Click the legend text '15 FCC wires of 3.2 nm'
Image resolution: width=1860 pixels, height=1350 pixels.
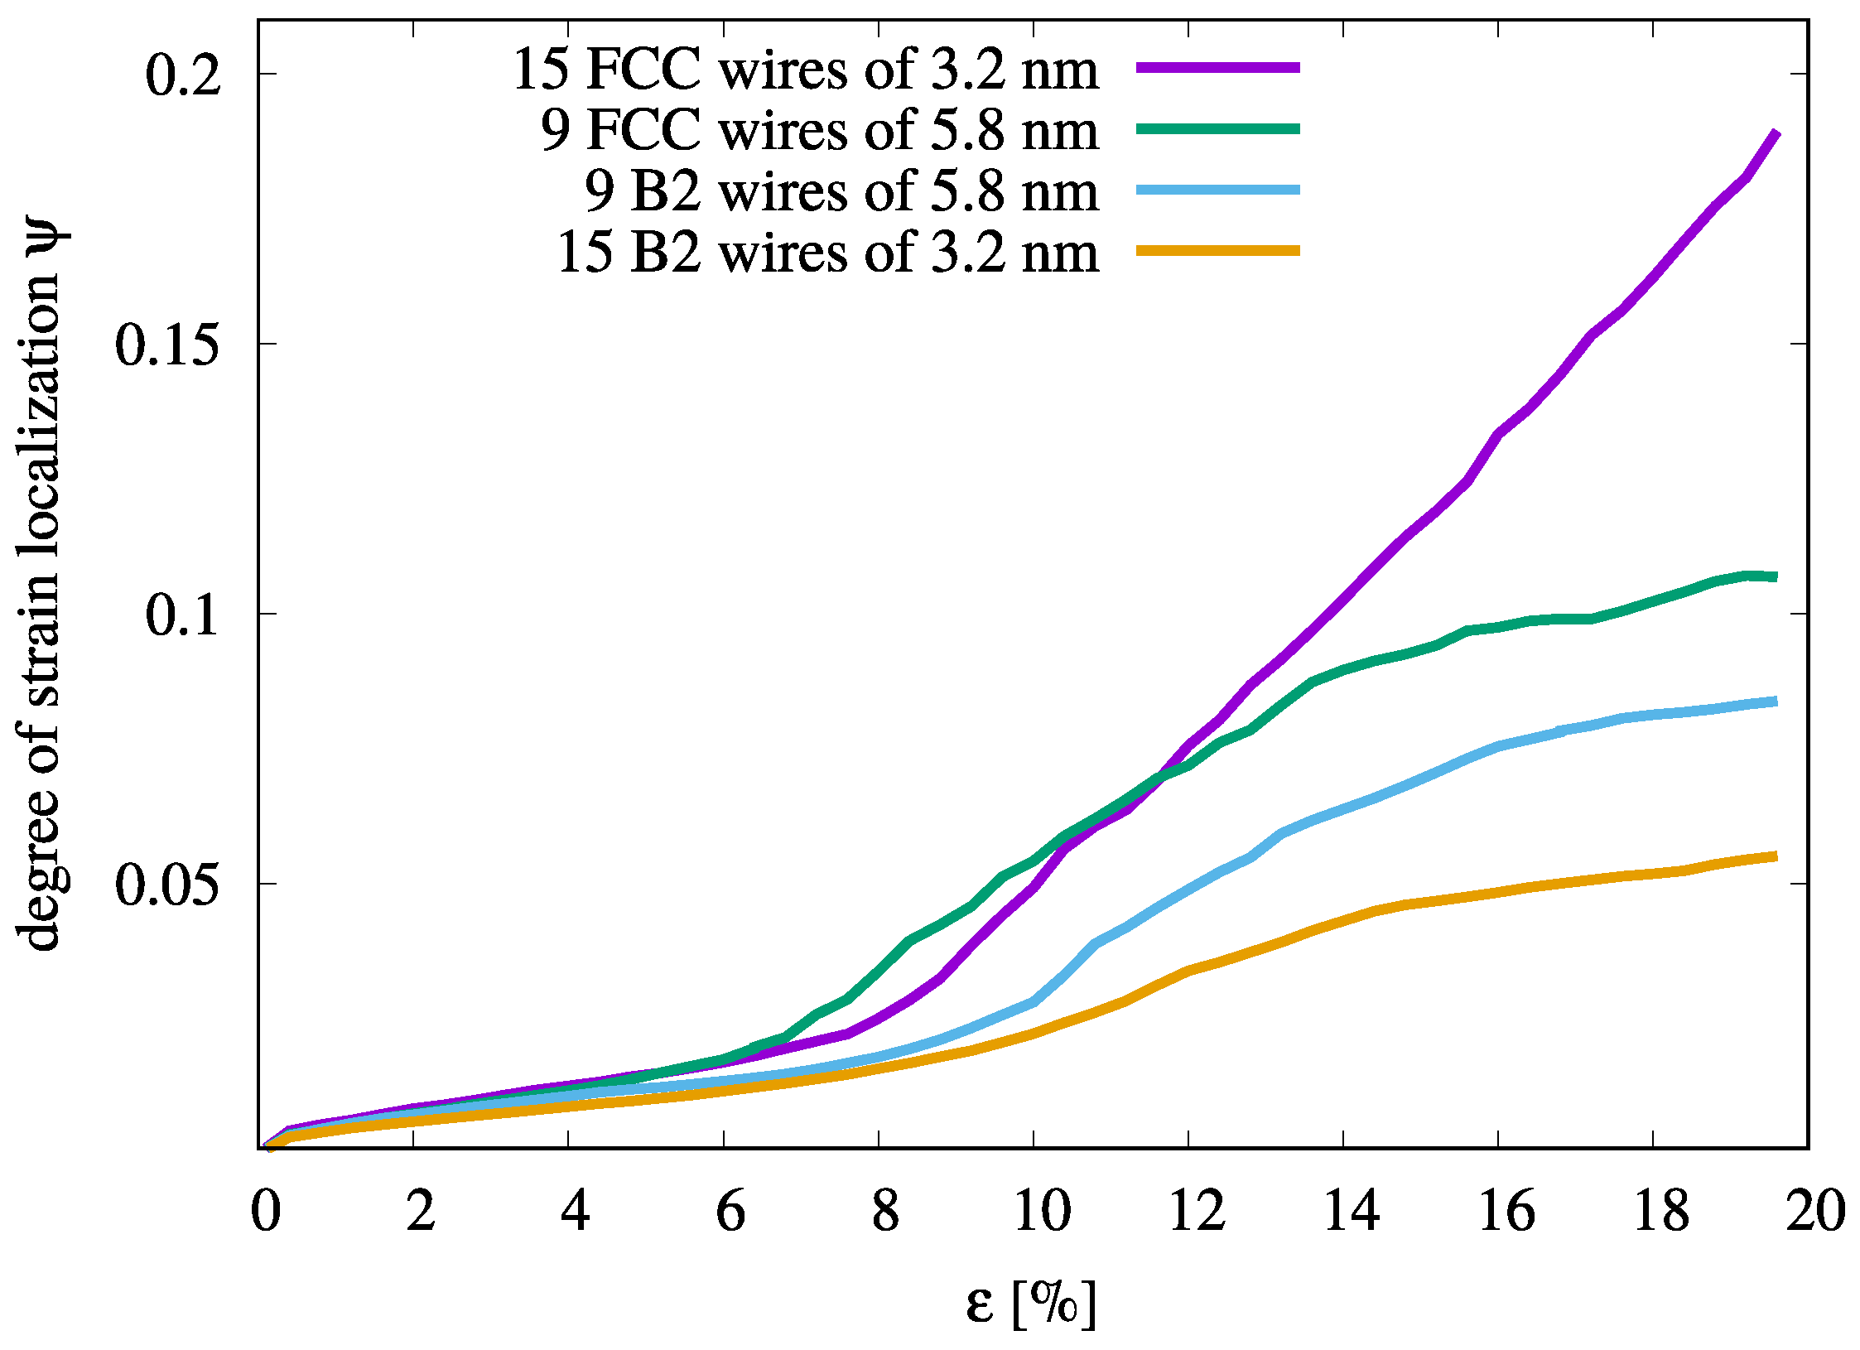(x=805, y=70)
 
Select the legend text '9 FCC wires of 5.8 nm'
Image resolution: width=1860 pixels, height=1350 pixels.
(x=820, y=131)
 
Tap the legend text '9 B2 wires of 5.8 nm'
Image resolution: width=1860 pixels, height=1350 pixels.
(x=841, y=191)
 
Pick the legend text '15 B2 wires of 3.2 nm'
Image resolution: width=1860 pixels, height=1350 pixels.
(x=827, y=253)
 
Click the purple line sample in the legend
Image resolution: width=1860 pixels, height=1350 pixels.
(x=1217, y=68)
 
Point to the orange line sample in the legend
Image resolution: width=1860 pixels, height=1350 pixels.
(x=1217, y=250)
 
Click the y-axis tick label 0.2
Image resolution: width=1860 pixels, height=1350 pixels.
(x=183, y=75)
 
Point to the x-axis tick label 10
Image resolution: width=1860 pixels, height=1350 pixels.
(x=1042, y=1211)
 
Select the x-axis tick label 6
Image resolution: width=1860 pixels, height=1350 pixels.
(x=730, y=1211)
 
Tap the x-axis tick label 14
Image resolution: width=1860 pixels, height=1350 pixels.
(x=1352, y=1211)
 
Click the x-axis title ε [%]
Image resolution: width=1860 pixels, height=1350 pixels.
(x=1030, y=1304)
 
